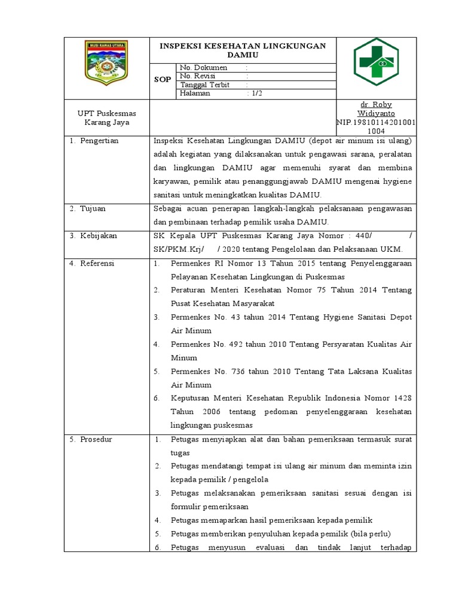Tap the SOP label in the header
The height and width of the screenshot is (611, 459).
tap(163, 80)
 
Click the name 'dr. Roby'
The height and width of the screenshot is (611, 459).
tap(375, 104)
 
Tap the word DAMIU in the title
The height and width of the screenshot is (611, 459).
tap(242, 54)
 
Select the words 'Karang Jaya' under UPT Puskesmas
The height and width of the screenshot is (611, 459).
tap(107, 123)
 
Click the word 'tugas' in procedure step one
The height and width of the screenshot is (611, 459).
tap(180, 453)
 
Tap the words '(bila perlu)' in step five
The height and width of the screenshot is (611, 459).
tap(371, 534)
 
